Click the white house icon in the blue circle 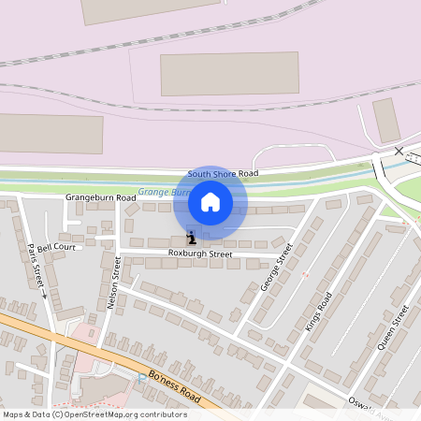[x=210, y=202]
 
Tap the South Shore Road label [x=223, y=173]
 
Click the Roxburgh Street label [x=199, y=254]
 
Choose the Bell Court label [x=56, y=247]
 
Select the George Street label [x=277, y=266]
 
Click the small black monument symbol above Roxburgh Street [x=191, y=237]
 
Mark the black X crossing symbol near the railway [x=399, y=151]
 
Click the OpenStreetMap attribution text [x=94, y=414]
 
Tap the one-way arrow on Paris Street [x=43, y=296]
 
